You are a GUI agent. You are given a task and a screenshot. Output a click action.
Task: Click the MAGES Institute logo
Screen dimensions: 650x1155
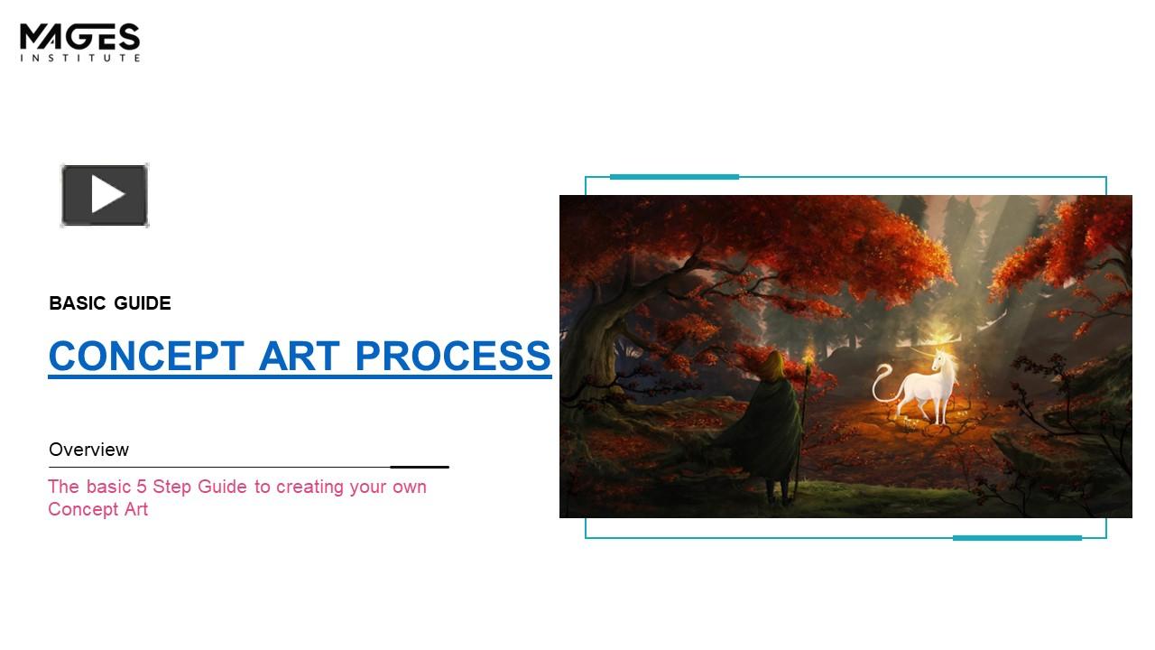tap(79, 42)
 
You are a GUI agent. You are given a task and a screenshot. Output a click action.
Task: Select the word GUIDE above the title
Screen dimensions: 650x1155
tap(143, 303)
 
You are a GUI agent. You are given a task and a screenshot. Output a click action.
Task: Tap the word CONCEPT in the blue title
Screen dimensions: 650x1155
tap(145, 356)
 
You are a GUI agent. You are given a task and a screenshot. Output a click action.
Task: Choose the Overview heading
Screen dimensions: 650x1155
tap(88, 450)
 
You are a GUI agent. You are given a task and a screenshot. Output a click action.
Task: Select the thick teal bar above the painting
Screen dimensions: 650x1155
tap(674, 177)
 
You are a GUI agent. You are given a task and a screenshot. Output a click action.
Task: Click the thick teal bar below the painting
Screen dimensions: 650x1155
tap(1017, 538)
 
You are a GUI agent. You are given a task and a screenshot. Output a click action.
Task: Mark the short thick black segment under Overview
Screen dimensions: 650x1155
tap(420, 468)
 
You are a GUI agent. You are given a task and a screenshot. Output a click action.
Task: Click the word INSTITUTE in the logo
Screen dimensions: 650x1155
tap(79, 58)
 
